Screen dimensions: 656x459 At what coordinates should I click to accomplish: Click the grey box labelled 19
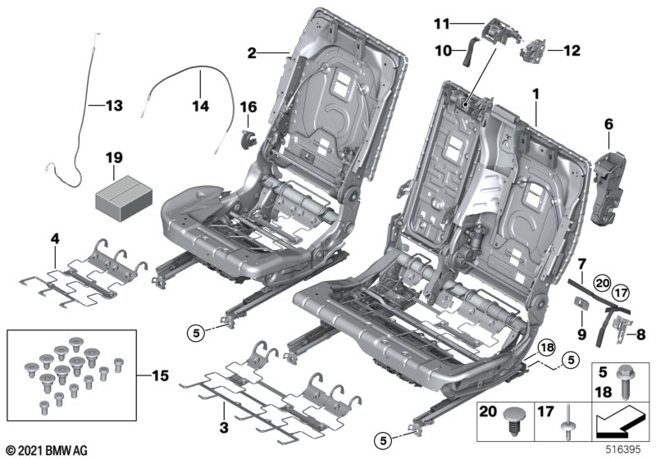125,198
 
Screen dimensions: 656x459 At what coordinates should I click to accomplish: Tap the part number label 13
114,106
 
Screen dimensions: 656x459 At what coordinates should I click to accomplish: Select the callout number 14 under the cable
200,106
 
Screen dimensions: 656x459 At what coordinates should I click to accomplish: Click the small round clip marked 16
248,138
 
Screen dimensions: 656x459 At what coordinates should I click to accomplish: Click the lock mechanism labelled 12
533,51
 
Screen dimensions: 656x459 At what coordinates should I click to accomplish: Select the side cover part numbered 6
608,188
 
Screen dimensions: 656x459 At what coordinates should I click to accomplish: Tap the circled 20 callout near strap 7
603,284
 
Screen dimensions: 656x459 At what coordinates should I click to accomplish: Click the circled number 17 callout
621,293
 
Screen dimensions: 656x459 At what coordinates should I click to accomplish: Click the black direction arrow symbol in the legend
620,421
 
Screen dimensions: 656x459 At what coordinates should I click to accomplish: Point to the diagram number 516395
623,449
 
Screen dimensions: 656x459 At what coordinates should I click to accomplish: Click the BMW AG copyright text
48,451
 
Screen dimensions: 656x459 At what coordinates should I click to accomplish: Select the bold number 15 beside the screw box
160,375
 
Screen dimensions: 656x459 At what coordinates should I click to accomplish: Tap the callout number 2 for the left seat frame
252,53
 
